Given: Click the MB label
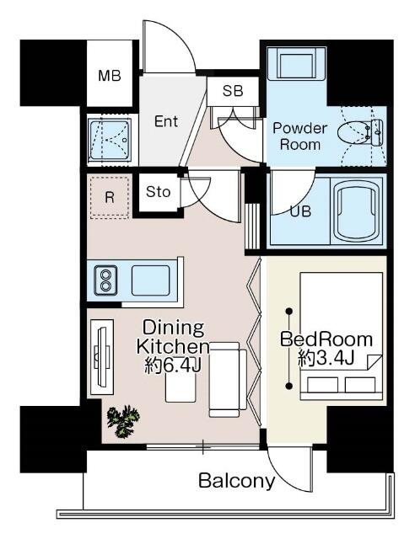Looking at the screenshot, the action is (110, 76).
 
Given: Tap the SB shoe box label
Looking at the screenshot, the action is (233, 91).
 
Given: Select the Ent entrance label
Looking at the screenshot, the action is (166, 121).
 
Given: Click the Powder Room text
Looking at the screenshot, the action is (299, 136).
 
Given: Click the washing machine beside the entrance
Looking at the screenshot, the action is (110, 140).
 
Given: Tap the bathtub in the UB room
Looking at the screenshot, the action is (357, 211).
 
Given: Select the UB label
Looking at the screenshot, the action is (300, 211).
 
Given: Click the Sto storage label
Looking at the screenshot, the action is (158, 192).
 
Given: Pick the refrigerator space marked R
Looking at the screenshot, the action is (110, 197).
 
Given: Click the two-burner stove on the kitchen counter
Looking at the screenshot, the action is (105, 280).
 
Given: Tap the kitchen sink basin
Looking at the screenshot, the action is (151, 280).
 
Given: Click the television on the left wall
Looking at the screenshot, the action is (103, 357).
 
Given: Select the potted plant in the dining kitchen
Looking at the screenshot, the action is (123, 421).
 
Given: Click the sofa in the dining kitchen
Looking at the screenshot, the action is (228, 380).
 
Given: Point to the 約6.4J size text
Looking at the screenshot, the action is (173, 366).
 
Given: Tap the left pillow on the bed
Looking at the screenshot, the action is (322, 385).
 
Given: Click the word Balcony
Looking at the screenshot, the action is (237, 481).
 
